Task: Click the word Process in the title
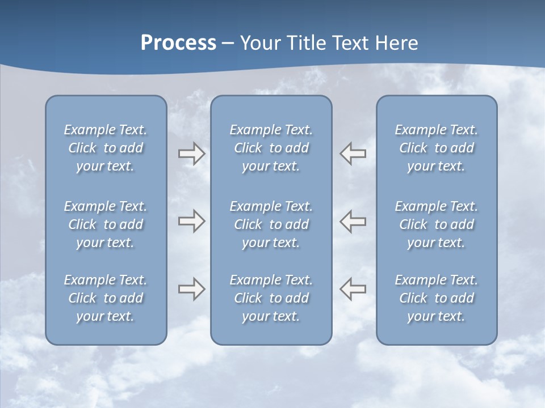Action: [x=178, y=43]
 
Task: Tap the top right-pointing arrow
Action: [x=191, y=154]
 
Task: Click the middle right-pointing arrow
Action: [x=191, y=221]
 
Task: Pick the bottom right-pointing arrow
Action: [x=191, y=289]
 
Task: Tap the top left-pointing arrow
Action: [x=353, y=154]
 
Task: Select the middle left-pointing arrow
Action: [x=353, y=221]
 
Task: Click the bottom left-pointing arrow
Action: [x=353, y=289]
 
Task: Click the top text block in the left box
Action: [x=106, y=148]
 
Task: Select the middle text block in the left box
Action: [x=106, y=224]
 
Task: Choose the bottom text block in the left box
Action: [x=106, y=298]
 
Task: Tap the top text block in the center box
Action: [x=271, y=148]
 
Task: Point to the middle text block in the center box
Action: [x=271, y=224]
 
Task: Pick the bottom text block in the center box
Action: [x=271, y=298]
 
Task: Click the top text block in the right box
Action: [x=436, y=148]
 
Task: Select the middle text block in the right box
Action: [x=436, y=224]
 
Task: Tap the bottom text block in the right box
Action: [x=436, y=298]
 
